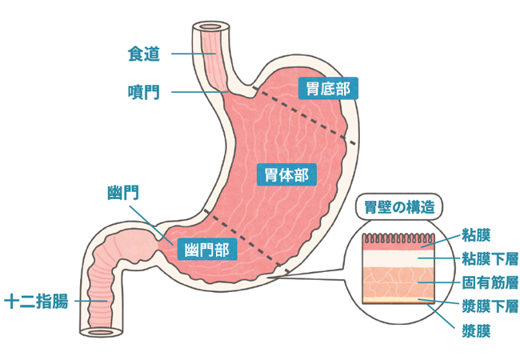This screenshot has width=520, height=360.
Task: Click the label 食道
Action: coord(144,54)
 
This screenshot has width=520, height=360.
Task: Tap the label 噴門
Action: coord(144,92)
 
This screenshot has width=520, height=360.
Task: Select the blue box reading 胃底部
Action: coord(327,87)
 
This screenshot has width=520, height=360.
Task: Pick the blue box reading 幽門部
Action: coord(206,250)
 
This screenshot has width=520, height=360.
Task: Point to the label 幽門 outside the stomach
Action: coord(122,192)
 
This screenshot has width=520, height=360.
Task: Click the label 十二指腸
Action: coord(36,302)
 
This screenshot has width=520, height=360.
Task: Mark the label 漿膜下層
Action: coord(490,306)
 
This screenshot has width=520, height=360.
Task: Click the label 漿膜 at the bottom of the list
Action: coord(476,329)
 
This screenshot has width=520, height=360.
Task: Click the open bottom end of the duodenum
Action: coord(100,331)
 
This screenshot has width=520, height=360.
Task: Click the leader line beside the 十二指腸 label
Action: coord(88,302)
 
